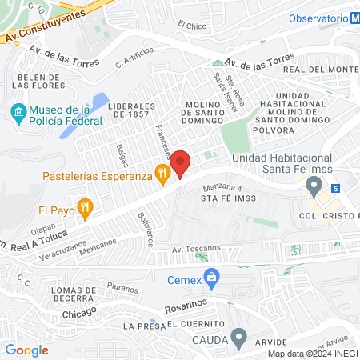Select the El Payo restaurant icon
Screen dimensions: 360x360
[x=87, y=211]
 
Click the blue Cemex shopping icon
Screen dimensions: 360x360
[x=212, y=279]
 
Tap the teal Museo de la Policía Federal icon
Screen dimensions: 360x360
[x=18, y=111]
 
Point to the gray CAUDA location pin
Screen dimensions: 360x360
[x=238, y=338]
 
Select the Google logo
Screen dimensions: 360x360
[x=26, y=350]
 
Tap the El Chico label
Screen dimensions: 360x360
[x=192, y=26]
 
